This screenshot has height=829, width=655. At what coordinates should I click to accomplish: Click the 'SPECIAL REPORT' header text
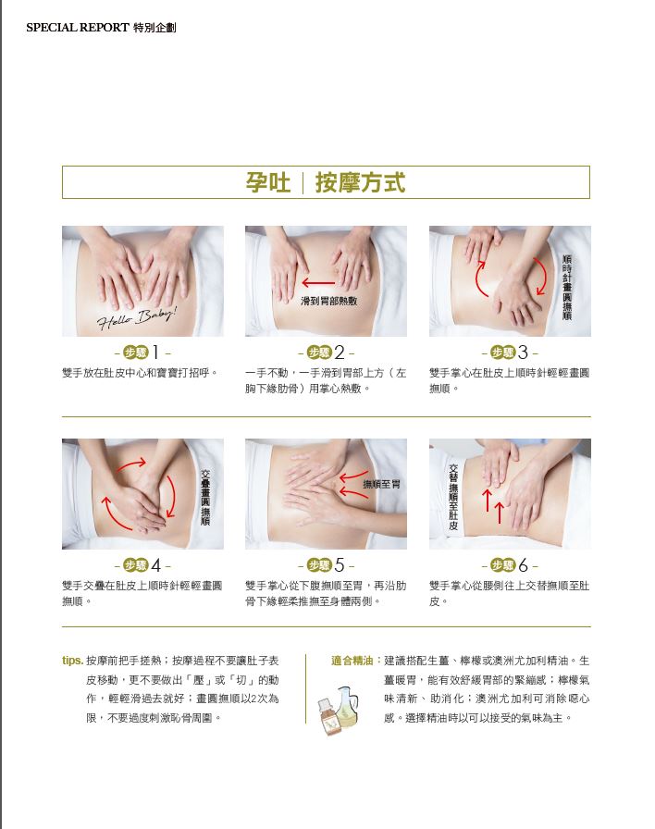78,28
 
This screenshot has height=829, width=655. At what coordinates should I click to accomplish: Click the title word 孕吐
268,182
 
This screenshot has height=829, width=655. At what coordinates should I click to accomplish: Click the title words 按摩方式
360,182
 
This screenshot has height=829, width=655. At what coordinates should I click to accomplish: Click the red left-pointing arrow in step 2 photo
318,283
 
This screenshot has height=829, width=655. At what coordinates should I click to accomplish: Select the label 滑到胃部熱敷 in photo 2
328,301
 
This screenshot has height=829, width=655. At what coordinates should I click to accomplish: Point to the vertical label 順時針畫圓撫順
567,288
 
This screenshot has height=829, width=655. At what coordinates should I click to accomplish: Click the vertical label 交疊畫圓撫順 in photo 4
205,498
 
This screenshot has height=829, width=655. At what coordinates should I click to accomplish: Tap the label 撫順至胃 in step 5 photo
381,484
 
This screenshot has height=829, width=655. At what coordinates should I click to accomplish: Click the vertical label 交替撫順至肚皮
453,497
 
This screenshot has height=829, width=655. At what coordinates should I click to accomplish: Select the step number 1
155,353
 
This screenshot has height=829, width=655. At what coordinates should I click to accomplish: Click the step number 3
523,353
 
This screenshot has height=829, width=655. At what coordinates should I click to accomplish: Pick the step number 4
156,565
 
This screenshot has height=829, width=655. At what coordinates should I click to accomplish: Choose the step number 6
523,565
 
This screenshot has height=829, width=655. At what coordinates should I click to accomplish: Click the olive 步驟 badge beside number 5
319,565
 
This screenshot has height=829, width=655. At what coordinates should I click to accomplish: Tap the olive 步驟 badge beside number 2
319,353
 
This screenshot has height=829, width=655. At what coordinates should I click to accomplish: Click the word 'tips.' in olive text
72,661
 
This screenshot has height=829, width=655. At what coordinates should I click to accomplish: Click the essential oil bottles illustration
339,710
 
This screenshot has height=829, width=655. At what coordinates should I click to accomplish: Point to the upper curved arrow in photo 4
130,465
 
